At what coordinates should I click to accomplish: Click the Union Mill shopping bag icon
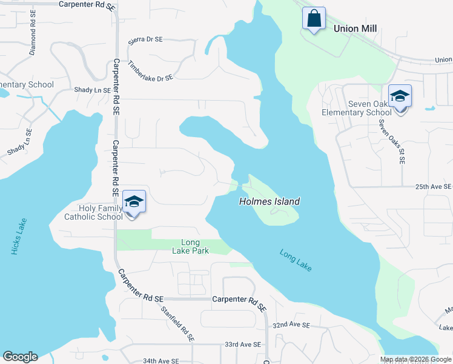click(x=314, y=18)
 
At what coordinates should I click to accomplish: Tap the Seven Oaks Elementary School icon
click(x=400, y=97)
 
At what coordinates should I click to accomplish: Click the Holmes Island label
click(x=269, y=201)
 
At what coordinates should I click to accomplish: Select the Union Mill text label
click(x=355, y=29)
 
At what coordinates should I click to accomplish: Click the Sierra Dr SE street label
click(x=145, y=40)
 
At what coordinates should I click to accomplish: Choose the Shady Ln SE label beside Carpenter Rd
click(x=92, y=90)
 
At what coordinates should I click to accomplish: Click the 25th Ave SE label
click(x=433, y=187)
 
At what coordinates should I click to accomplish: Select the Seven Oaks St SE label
click(x=392, y=141)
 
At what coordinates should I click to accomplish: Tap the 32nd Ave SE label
click(x=291, y=326)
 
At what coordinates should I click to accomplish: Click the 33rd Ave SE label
click(x=242, y=345)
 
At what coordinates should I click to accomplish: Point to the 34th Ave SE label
click(x=161, y=360)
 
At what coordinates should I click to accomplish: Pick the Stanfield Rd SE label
click(x=179, y=323)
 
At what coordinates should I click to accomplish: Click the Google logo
click(x=20, y=357)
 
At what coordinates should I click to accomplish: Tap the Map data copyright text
click(x=415, y=359)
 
